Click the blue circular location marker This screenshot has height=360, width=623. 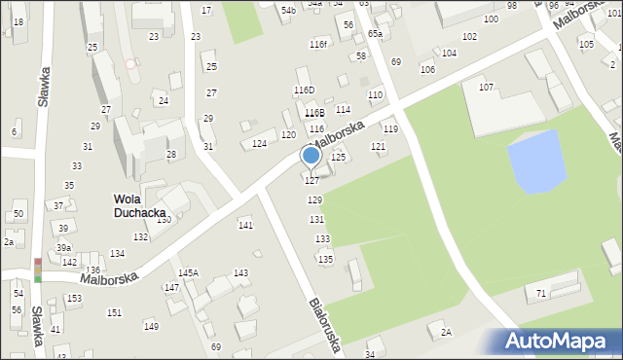[x=311, y=155]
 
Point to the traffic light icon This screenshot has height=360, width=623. [x=37, y=270]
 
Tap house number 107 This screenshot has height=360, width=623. [x=486, y=88]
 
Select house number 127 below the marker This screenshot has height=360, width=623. [x=311, y=181]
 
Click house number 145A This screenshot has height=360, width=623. [x=188, y=273]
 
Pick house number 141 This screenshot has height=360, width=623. [x=245, y=225]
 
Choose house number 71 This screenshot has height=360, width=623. [x=541, y=293]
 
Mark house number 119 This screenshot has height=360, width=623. [x=389, y=129]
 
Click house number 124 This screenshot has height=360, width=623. [x=259, y=144]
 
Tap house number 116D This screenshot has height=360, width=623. [x=305, y=90]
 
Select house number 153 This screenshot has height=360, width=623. [x=74, y=299]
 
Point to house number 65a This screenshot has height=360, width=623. [x=375, y=34]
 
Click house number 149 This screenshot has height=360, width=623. [x=151, y=326]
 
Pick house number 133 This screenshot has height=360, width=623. [x=321, y=239]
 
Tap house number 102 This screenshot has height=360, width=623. [x=469, y=36]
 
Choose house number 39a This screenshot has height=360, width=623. [x=63, y=248]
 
